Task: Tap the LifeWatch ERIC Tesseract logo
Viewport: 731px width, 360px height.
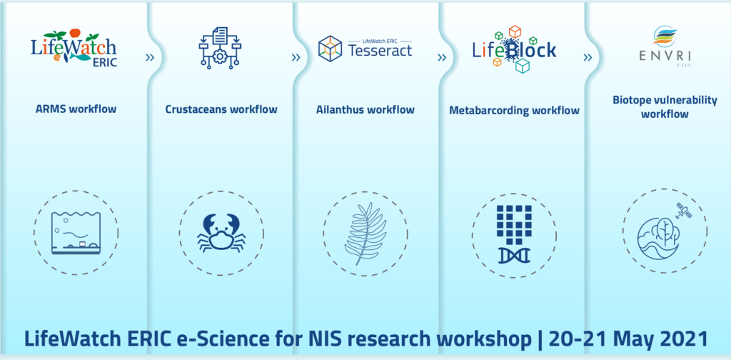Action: pyautogui.click(x=365, y=48)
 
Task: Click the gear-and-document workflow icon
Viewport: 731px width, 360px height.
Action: pyautogui.click(x=221, y=48)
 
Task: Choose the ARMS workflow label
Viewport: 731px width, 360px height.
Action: pyautogui.click(x=76, y=109)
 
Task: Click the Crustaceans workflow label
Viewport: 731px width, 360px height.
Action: pyautogui.click(x=221, y=109)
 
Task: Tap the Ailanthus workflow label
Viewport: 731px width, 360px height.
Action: pyautogui.click(x=365, y=109)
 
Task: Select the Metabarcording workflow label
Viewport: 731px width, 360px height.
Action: pyautogui.click(x=514, y=111)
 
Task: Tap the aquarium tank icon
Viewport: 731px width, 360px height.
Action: pyautogui.click(x=75, y=233)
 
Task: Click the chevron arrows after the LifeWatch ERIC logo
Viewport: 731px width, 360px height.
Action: pyautogui.click(x=149, y=58)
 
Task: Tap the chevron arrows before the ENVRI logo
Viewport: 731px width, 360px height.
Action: pyautogui.click(x=588, y=58)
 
